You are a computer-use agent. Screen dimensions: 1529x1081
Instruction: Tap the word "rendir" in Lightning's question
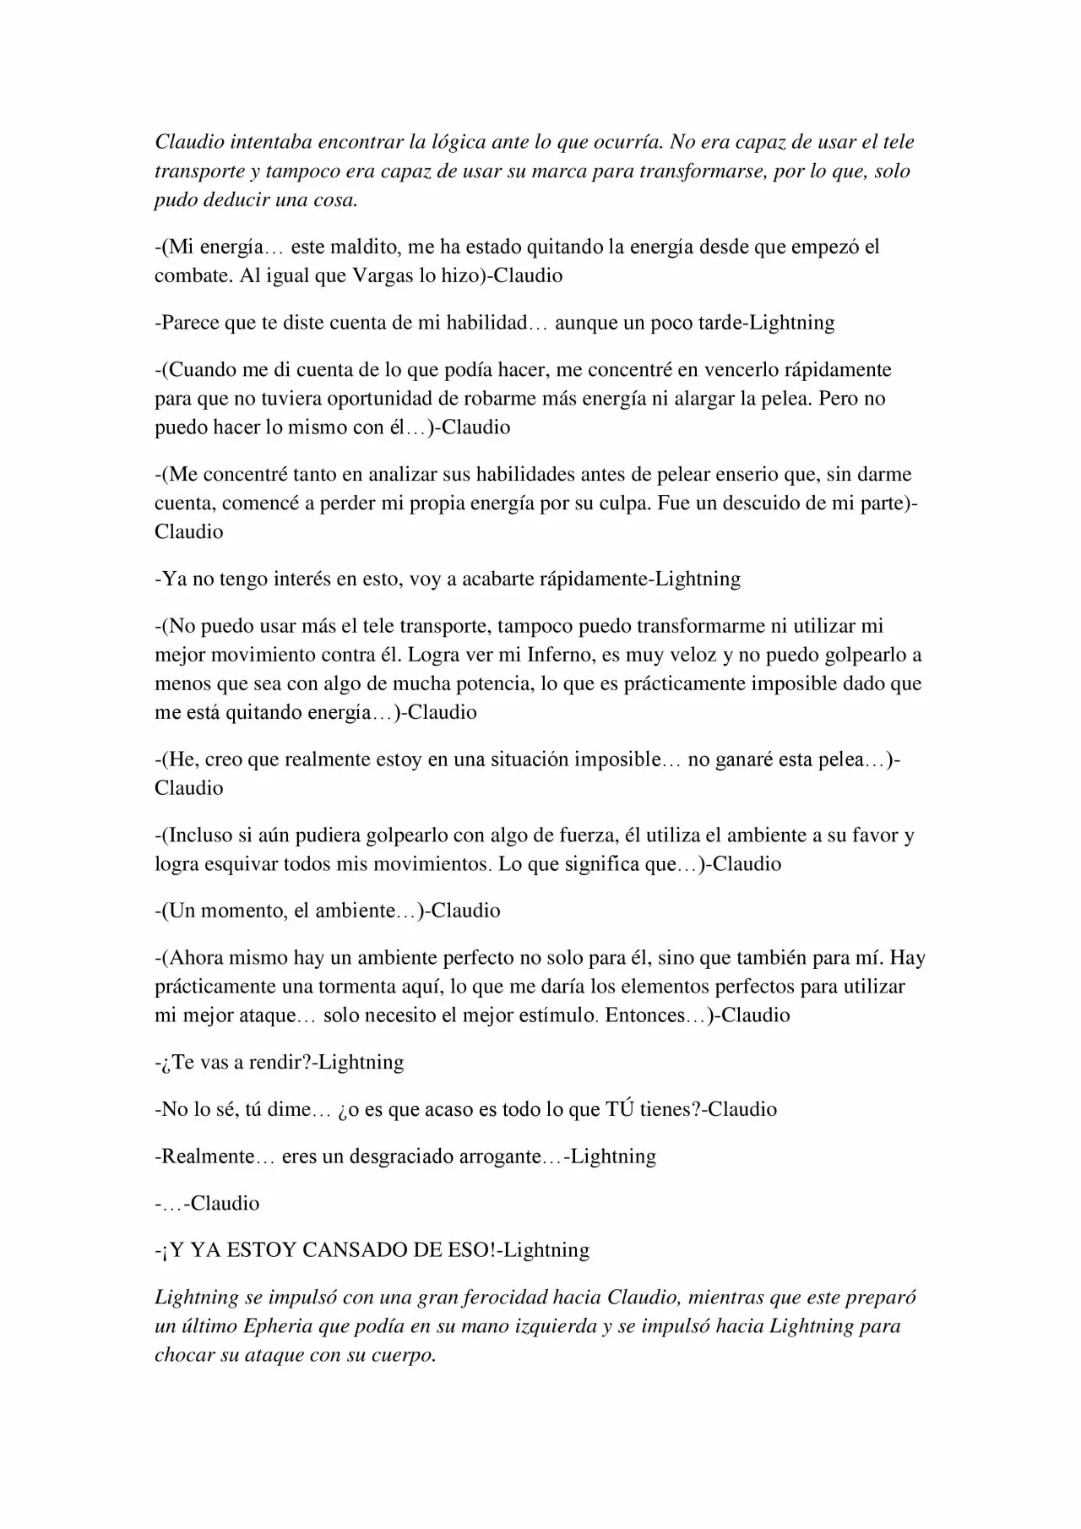pos(278,1062)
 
